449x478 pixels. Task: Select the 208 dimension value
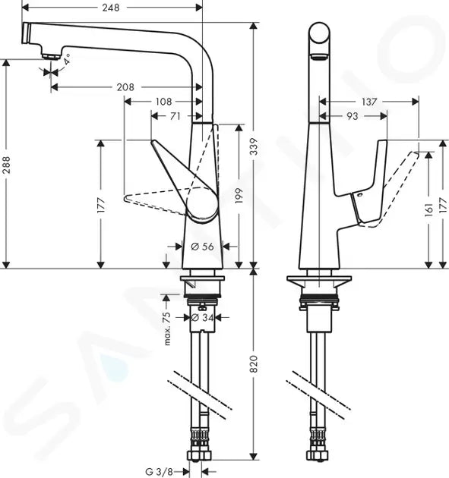tap(125, 87)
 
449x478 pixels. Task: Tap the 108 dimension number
tap(163, 101)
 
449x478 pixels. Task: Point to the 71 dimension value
tap(175, 115)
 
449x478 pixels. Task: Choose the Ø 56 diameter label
tap(203, 247)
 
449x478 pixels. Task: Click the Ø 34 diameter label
tap(201, 317)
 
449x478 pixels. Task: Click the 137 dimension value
tap(369, 101)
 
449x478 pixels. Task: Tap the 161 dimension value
tap(430, 215)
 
